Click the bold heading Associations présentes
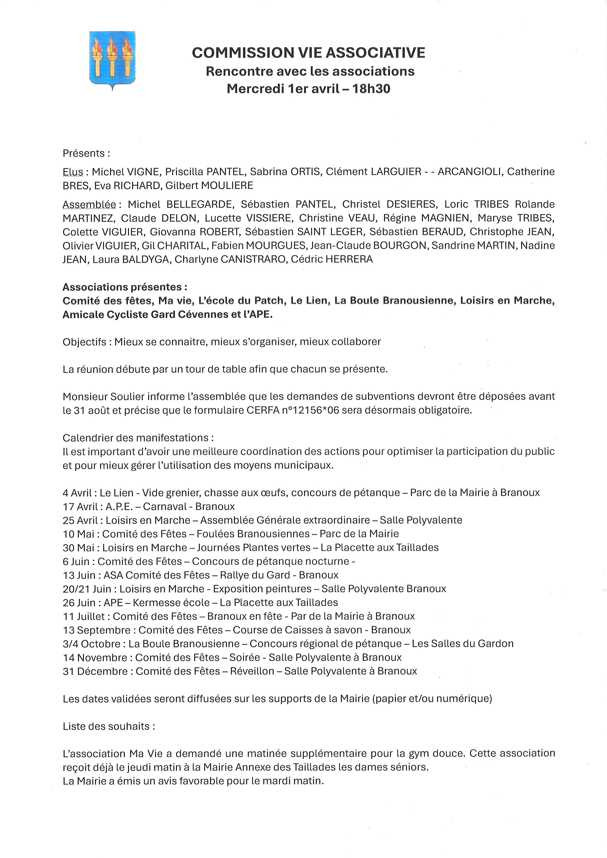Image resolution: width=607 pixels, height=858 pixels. tap(125, 287)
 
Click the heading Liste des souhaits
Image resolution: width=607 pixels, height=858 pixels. tap(108, 726)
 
